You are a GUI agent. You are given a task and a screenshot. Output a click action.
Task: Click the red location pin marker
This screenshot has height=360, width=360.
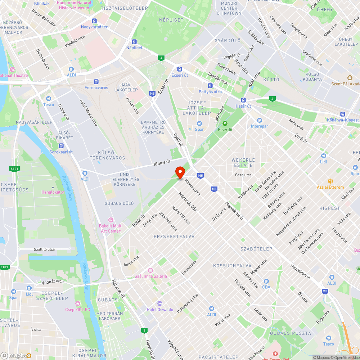(x=180, y=172)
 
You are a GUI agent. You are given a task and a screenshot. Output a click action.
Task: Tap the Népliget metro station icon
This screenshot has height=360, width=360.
(x=134, y=42)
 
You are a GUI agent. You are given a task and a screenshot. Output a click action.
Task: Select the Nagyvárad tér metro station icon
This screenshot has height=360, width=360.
(x=94, y=21)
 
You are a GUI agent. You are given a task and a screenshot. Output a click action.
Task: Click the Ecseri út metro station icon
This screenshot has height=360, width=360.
(x=179, y=69)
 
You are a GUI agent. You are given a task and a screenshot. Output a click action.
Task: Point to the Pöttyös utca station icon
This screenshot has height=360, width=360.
(x=210, y=86)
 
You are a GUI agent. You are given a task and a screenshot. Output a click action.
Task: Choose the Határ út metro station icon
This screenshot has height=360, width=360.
(x=244, y=100)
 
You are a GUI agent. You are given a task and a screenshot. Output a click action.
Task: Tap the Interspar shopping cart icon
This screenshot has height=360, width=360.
(x=259, y=120)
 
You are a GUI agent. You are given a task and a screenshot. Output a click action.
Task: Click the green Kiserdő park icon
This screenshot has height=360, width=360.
(x=225, y=123)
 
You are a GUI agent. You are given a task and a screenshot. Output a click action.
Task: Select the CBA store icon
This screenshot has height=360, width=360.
(x=266, y=281)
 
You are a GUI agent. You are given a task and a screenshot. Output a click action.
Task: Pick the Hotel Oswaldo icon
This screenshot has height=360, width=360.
(x=160, y=303)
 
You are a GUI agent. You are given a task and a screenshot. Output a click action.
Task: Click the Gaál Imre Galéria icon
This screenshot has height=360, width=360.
(x=150, y=270)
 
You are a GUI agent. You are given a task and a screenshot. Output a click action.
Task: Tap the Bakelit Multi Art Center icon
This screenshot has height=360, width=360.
(x=110, y=220)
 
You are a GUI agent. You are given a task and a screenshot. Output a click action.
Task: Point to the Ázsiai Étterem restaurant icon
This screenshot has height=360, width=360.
(x=330, y=181)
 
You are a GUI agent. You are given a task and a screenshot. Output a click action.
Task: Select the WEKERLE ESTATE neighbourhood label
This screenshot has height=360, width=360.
(x=243, y=162)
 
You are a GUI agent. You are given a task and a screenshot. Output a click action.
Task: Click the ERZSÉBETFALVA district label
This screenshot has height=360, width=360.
(x=174, y=237)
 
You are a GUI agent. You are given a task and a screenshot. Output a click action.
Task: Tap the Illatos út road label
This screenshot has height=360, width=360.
(x=162, y=163)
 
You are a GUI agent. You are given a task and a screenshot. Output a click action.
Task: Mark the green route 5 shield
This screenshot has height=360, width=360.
(x=144, y=330)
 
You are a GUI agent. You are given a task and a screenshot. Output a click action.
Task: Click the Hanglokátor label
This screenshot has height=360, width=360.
(x=53, y=192)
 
